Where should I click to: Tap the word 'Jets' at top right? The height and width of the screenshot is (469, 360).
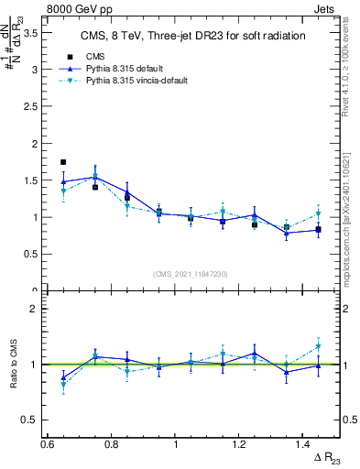(x=325, y=7)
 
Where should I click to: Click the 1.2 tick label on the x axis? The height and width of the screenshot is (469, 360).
(x=239, y=443)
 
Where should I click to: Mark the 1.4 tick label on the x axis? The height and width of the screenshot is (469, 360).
(x=303, y=443)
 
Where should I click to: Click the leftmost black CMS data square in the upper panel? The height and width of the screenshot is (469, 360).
(x=63, y=161)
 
